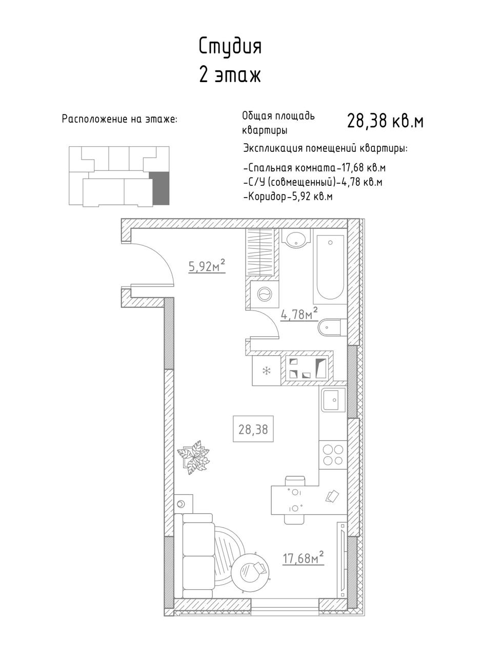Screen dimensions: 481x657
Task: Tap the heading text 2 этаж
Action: (x=230, y=76)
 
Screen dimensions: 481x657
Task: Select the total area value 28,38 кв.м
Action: (x=385, y=121)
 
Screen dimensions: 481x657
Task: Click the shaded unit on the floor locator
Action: (x=161, y=188)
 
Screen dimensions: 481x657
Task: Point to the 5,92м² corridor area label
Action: (x=207, y=267)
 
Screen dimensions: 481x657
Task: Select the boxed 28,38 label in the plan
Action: (x=253, y=430)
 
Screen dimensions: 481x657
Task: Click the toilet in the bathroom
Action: (x=332, y=327)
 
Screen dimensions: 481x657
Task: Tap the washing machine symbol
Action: (x=265, y=293)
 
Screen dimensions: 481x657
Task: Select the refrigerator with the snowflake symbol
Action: (x=267, y=371)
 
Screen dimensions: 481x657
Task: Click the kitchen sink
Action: (x=333, y=400)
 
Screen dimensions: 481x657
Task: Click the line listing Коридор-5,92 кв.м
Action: (x=288, y=196)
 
